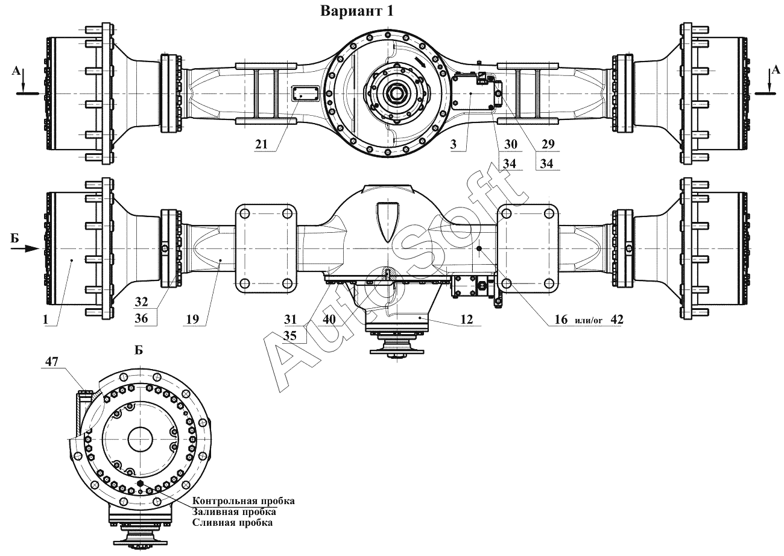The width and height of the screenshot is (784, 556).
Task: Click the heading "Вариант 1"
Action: tap(356, 11)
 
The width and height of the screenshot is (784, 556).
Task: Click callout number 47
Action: tap(51, 361)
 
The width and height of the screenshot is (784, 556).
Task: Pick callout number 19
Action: tap(192, 319)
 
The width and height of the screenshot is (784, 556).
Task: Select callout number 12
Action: tap(467, 319)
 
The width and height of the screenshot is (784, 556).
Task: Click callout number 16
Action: tap(561, 319)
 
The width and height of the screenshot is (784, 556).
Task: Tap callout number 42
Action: tap(617, 319)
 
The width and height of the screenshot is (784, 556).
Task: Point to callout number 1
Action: tap(45, 319)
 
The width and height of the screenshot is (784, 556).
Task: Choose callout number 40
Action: tap(329, 319)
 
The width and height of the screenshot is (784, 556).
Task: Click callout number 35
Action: tap(290, 335)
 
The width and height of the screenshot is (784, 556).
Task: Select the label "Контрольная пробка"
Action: tap(244, 501)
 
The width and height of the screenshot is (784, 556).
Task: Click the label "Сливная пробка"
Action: tap(233, 523)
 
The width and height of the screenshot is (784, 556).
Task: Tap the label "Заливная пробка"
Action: tap(234, 511)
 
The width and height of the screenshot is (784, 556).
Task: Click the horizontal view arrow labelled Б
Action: tap(25, 248)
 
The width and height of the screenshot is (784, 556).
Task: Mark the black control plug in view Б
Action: tap(141, 483)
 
